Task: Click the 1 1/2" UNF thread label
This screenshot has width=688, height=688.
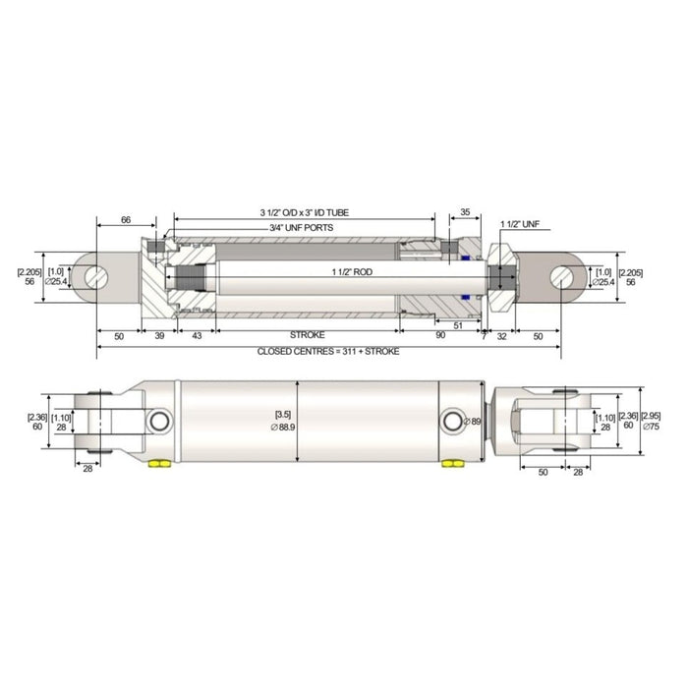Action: point(520,225)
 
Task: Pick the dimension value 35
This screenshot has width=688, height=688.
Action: point(464,211)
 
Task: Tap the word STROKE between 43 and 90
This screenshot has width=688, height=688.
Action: point(308,335)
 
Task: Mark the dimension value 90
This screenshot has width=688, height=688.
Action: point(439,335)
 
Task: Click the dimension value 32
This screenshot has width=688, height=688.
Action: point(501,335)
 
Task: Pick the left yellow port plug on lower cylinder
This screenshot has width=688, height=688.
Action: point(156,463)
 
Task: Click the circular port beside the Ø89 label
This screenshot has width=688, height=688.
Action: point(453,421)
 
